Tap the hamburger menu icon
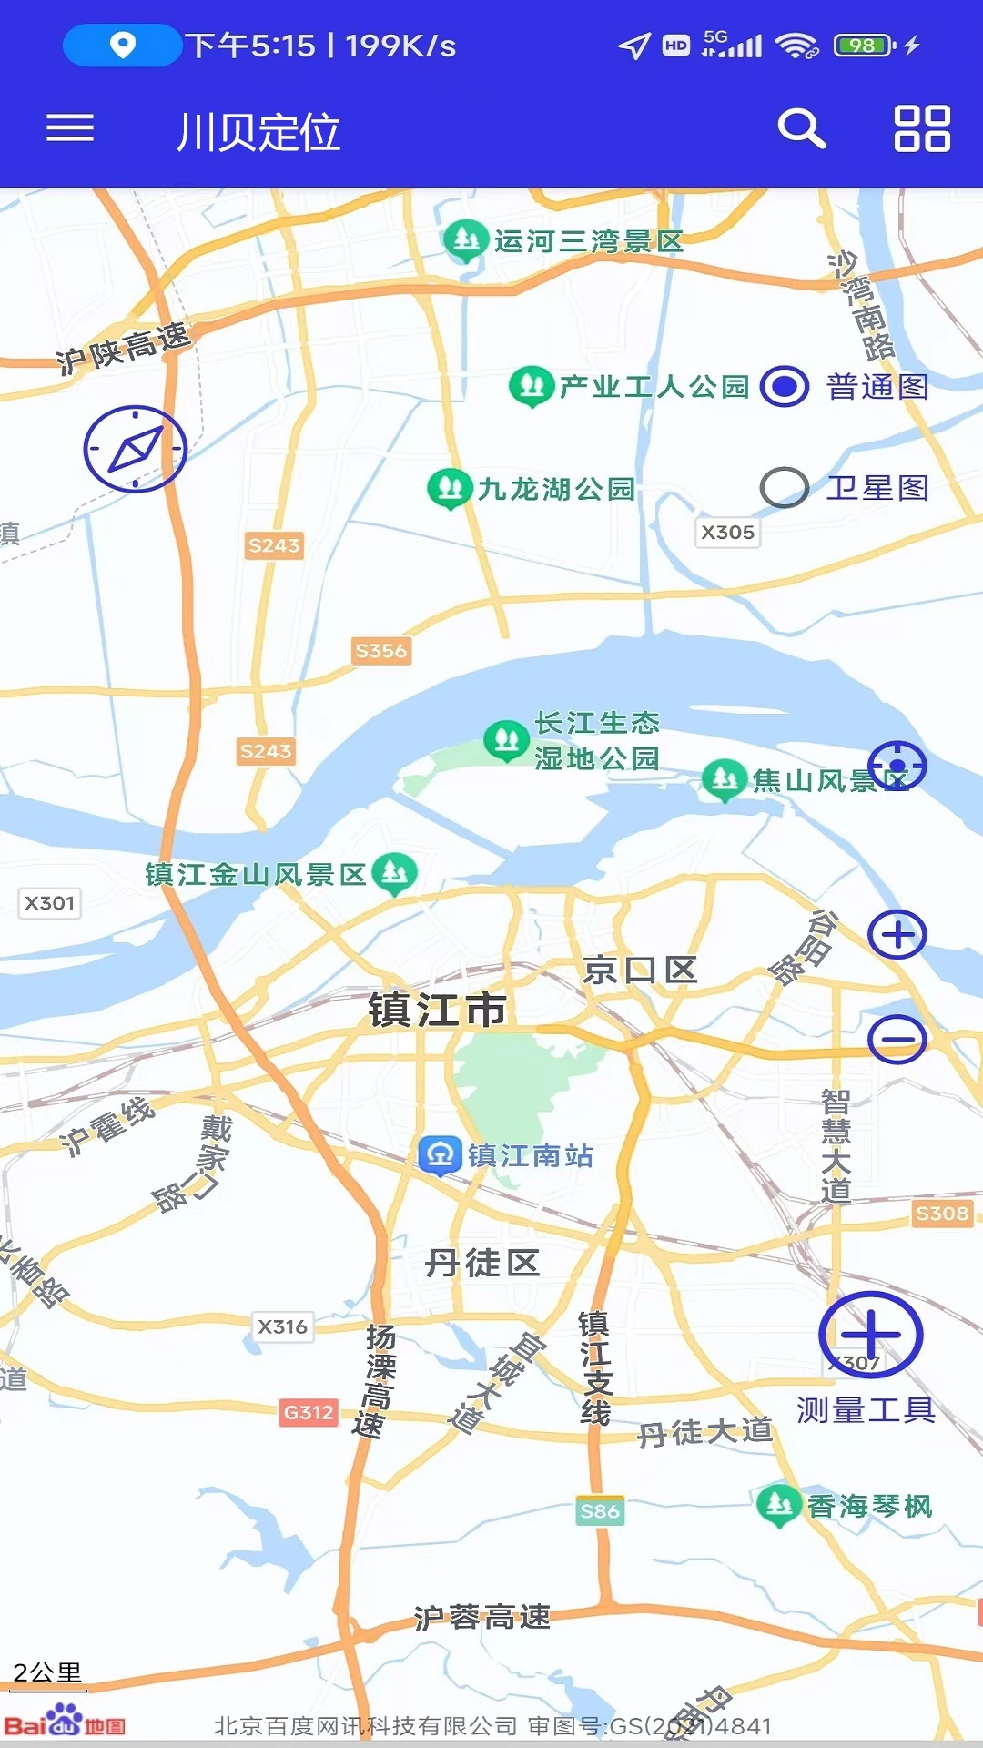[70, 128]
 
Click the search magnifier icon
[801, 129]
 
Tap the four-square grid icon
[922, 128]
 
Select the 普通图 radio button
[785, 387]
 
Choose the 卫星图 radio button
[785, 488]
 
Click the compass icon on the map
[136, 449]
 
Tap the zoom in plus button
[897, 934]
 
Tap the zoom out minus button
[897, 1039]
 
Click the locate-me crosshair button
[897, 765]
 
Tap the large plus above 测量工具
[871, 1335]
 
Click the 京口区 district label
[640, 971]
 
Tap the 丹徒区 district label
[482, 1263]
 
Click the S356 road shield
[381, 651]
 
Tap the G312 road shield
[309, 1412]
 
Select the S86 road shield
[600, 1511]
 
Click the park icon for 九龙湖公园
[450, 488]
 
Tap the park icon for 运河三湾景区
[466, 240]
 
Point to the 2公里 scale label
[47, 1672]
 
